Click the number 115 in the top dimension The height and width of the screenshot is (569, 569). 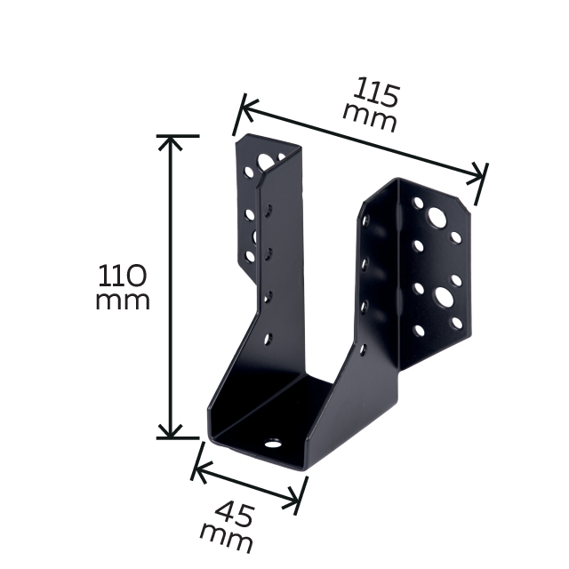[x=377, y=92]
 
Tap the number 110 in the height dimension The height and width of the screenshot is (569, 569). [x=123, y=276]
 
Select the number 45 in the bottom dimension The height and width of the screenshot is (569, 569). [x=234, y=514]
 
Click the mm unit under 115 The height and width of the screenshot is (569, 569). [x=370, y=118]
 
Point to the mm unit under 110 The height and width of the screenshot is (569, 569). [x=123, y=301]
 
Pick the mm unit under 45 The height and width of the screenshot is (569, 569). [x=226, y=537]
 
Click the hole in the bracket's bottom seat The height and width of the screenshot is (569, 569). [x=273, y=443]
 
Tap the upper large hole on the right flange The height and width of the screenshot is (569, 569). [x=437, y=217]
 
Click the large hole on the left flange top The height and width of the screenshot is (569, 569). [x=264, y=162]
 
